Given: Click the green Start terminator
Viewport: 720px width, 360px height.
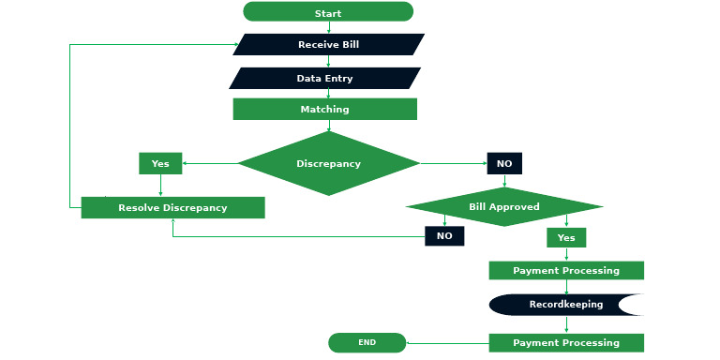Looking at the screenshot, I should click(328, 12).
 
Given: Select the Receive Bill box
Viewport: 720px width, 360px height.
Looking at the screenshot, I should click(328, 44).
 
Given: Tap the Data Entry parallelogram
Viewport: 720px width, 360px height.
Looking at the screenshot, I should click(324, 78).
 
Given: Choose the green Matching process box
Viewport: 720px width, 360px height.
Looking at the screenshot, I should click(324, 109).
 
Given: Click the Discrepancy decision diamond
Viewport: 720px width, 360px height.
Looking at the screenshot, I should click(328, 163).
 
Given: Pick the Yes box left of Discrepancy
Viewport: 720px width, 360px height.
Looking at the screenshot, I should click(160, 163).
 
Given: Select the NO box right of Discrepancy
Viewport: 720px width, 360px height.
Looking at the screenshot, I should click(504, 163).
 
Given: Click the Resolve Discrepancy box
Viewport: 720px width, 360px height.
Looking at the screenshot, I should click(172, 207).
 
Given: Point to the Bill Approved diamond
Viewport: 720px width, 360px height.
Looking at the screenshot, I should click(504, 206).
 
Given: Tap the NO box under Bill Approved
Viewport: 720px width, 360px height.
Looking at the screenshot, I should click(444, 235).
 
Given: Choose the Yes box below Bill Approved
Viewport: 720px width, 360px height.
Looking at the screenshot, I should click(566, 237).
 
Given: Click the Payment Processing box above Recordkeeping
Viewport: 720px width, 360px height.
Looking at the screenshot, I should click(566, 270).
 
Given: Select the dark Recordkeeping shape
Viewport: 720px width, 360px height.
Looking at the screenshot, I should click(566, 305).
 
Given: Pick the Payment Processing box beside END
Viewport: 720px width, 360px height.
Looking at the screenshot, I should click(566, 342).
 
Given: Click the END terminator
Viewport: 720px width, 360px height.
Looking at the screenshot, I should click(367, 342).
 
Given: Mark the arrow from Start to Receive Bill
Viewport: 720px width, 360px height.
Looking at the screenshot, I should click(328, 27).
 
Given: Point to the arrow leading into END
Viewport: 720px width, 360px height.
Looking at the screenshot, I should click(446, 342).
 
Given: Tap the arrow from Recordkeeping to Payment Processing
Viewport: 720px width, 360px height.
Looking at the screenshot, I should click(566, 324).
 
